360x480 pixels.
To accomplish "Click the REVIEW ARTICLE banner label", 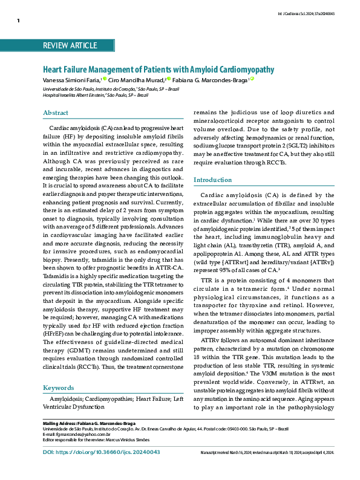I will click(70, 45).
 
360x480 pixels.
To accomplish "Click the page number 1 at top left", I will click(19, 21).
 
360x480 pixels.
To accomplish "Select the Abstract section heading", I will click(56, 112).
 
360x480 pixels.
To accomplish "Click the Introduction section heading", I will click(212, 180).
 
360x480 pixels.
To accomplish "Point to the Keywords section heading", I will click(58, 388).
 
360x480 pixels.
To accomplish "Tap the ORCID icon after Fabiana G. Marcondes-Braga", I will click(252, 79).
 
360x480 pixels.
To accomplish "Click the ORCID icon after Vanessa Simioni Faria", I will click(104, 79).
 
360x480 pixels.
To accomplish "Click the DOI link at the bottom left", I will click(101, 469).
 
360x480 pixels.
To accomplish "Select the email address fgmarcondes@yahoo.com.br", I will click(80, 434).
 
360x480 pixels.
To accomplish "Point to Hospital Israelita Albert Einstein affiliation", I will click(73, 95).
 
